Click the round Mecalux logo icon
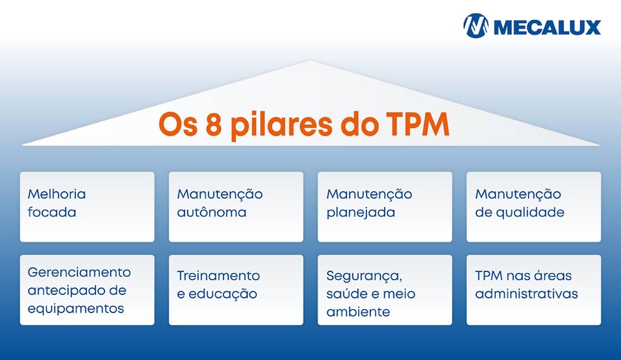(x=475, y=26)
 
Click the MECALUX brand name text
(x=546, y=27)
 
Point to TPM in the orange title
(x=418, y=124)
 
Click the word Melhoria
(x=57, y=195)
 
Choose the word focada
(x=52, y=213)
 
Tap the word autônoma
(x=212, y=213)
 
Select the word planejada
(x=361, y=213)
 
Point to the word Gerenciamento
(x=79, y=272)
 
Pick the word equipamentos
(x=76, y=308)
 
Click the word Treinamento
(x=218, y=276)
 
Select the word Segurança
(x=364, y=276)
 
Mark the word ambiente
(x=358, y=312)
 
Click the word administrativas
(x=526, y=295)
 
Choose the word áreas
(x=552, y=276)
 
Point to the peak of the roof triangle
(x=310, y=62)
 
